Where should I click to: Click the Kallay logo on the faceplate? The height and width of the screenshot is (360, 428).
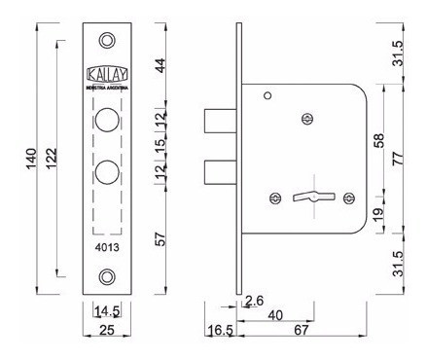tap(107, 74)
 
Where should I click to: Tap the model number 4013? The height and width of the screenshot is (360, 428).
tap(107, 247)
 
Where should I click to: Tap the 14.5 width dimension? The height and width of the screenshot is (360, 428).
tap(106, 311)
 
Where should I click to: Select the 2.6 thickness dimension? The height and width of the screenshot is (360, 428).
tap(255, 302)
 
